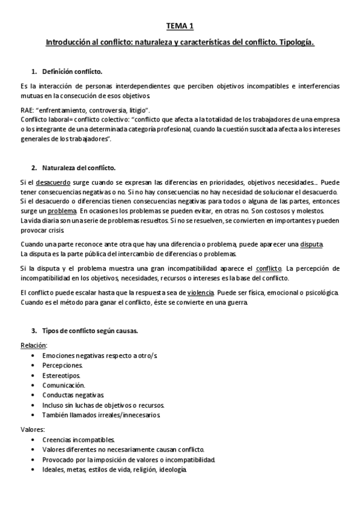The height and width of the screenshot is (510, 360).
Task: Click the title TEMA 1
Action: click(x=180, y=26)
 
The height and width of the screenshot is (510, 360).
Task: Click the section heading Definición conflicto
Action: click(x=72, y=71)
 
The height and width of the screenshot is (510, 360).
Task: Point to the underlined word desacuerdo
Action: click(x=53, y=182)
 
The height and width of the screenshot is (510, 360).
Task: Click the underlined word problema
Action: click(x=63, y=211)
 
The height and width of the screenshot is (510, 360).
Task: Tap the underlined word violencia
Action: click(x=201, y=292)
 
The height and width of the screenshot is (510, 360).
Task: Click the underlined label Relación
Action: click(x=33, y=345)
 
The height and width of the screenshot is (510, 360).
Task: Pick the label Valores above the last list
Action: click(x=32, y=430)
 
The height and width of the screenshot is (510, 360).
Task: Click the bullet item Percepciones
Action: click(x=63, y=365)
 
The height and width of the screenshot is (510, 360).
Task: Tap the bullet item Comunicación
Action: click(x=64, y=385)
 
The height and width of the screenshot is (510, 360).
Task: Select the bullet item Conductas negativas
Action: click(x=73, y=395)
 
